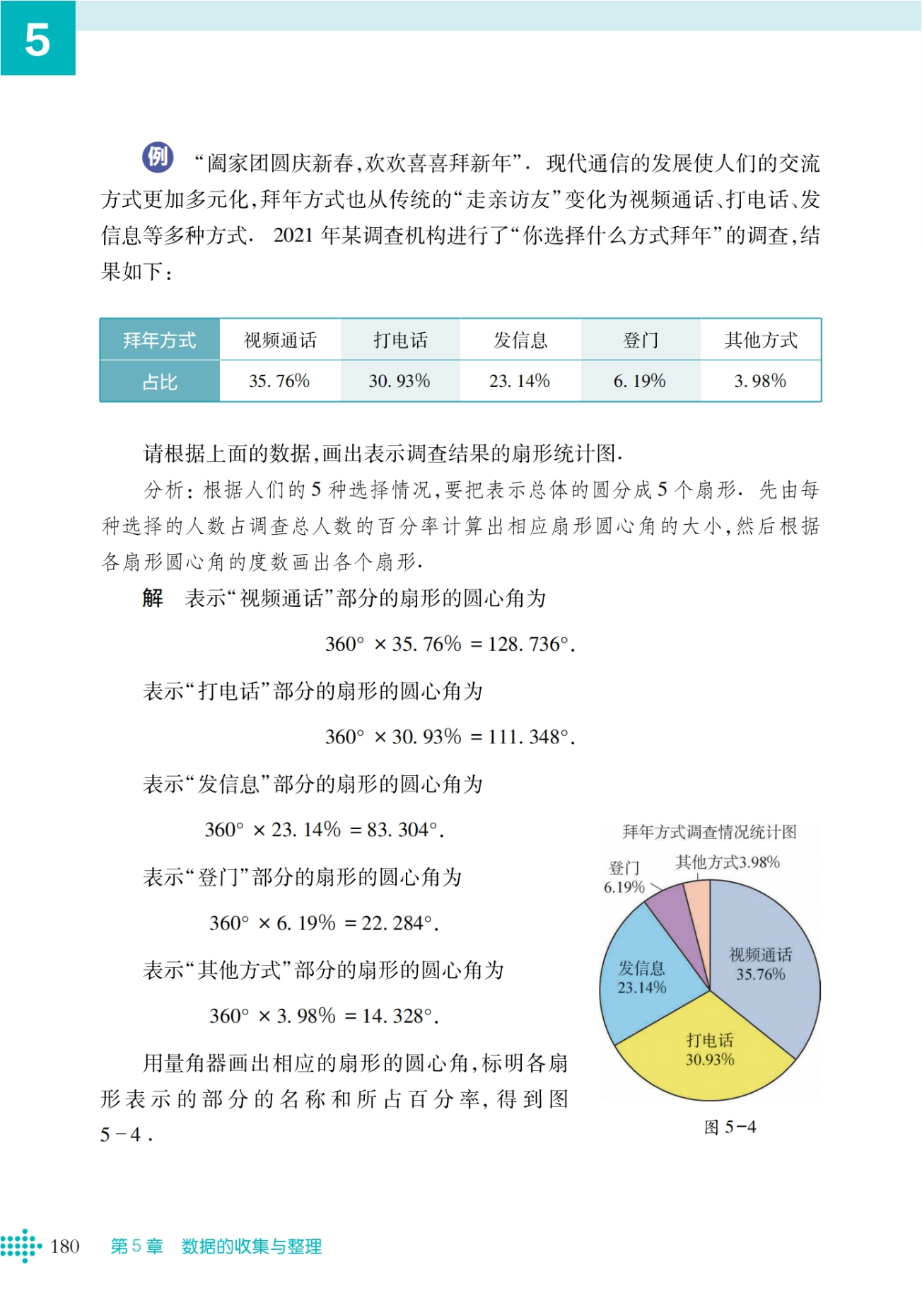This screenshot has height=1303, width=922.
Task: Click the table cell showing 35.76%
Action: pos(279,381)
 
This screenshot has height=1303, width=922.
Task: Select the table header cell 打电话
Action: pos(400,340)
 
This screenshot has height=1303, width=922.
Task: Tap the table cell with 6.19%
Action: pos(640,381)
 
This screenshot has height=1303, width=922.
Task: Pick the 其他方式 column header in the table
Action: pos(761,340)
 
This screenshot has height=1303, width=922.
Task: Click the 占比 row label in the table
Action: pos(160,382)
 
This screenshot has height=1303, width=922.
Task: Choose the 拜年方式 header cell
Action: pos(160,340)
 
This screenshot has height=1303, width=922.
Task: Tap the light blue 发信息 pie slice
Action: pos(640,983)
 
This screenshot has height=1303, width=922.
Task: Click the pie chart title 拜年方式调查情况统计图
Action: pos(709,832)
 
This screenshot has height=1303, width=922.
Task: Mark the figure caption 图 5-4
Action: pos(730,1127)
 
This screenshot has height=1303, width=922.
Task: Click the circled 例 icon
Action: pos(158,157)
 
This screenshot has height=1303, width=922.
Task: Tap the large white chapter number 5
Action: pos(37,39)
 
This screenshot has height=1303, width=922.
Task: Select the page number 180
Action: pos(65,1246)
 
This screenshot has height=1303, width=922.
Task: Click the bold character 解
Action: pos(153,598)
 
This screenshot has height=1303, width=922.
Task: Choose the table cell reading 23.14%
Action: pos(520,381)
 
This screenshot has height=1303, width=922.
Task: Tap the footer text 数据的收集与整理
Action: pos(252,1246)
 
